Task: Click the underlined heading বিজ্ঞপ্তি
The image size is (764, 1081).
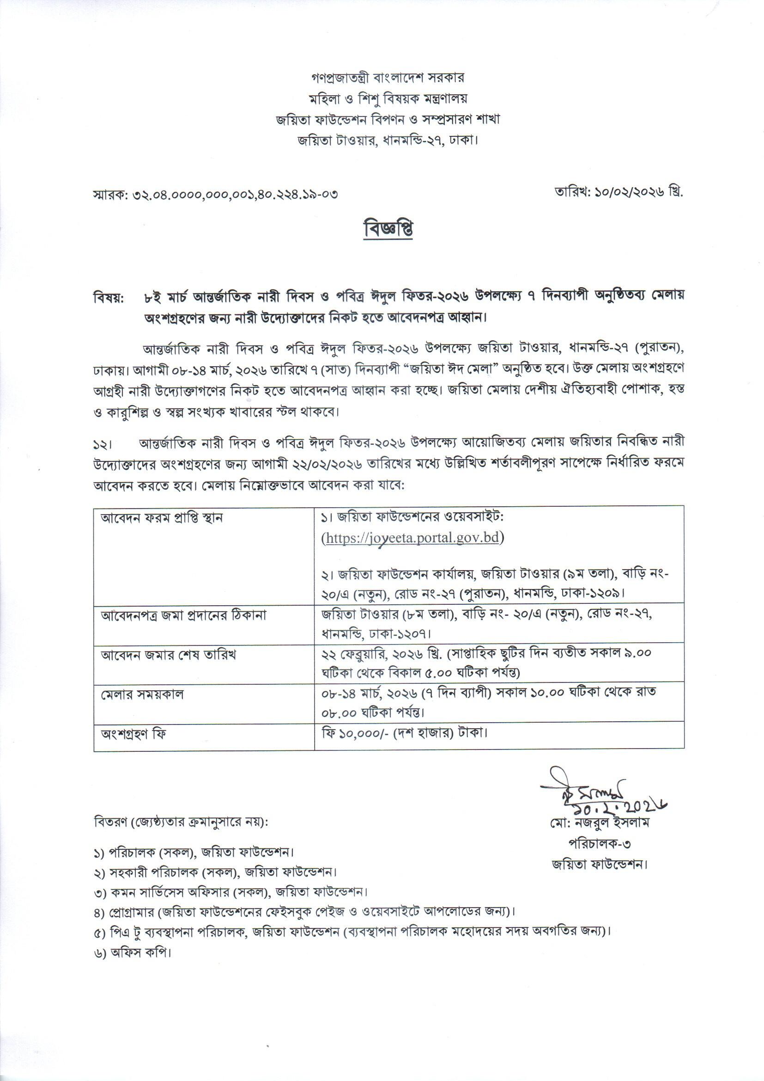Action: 388,229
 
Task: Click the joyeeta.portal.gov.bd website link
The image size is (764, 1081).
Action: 412,539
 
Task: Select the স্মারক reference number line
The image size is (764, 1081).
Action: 216,194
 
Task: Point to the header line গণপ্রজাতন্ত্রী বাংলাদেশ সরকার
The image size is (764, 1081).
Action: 388,77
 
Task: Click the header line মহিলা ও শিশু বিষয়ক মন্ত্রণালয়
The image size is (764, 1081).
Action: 388,98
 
